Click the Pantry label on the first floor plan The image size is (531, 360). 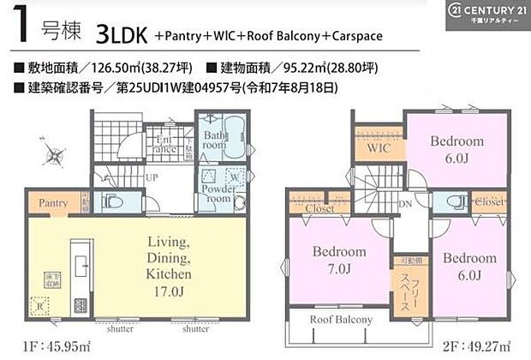click(x=53, y=203)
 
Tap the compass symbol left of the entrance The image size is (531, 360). click(x=55, y=156)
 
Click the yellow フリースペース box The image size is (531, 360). click(x=407, y=291)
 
